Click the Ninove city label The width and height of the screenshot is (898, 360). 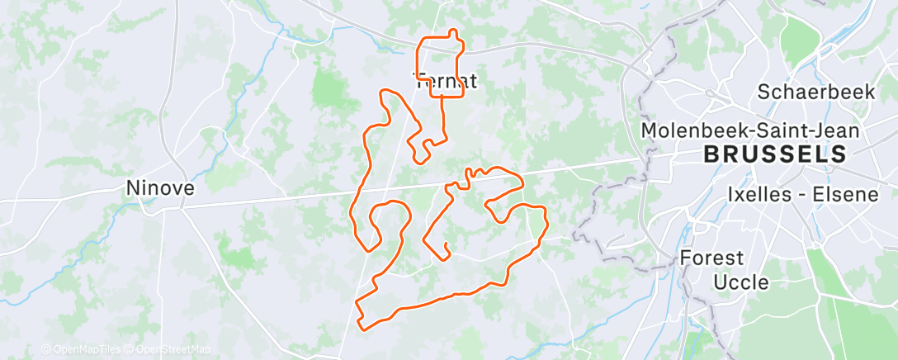[x=160, y=188]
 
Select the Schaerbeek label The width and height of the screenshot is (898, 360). [x=815, y=92]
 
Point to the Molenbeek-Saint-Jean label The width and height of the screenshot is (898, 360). [x=750, y=130]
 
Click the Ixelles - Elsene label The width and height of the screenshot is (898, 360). [x=795, y=194]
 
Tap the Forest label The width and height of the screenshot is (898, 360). [x=711, y=258]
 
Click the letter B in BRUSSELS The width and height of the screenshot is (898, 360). [x=711, y=154]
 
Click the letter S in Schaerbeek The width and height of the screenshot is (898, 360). [x=763, y=92]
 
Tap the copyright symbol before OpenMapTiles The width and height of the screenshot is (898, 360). [x=45, y=350]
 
